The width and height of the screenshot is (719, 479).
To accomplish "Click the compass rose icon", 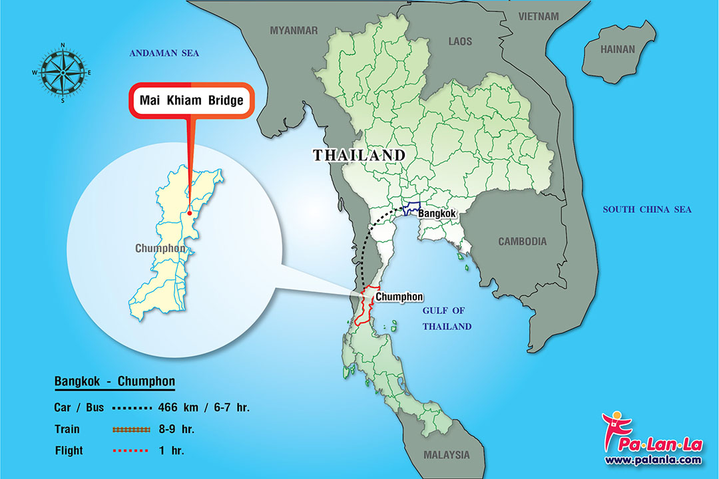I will (63, 73).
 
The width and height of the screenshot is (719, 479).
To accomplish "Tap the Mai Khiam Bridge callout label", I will (192, 101).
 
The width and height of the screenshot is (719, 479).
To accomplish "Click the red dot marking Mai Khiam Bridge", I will (190, 214).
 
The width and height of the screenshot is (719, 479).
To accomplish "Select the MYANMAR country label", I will (294, 30).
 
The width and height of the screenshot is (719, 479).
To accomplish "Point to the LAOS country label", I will (460, 41).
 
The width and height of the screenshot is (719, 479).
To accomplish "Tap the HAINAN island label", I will (618, 49).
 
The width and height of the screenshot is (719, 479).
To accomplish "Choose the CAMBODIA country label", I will (523, 241).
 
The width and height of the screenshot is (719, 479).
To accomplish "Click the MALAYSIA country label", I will (446, 455).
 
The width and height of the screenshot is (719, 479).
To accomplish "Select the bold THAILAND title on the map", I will (359, 155).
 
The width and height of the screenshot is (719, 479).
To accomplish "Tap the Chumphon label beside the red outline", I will (399, 297).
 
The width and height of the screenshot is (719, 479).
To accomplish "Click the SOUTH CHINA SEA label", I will (647, 210).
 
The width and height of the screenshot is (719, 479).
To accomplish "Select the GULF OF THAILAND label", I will (447, 318).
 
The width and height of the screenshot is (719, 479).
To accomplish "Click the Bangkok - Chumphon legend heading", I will (115, 382).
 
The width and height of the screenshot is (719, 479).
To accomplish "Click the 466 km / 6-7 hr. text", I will (204, 407).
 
